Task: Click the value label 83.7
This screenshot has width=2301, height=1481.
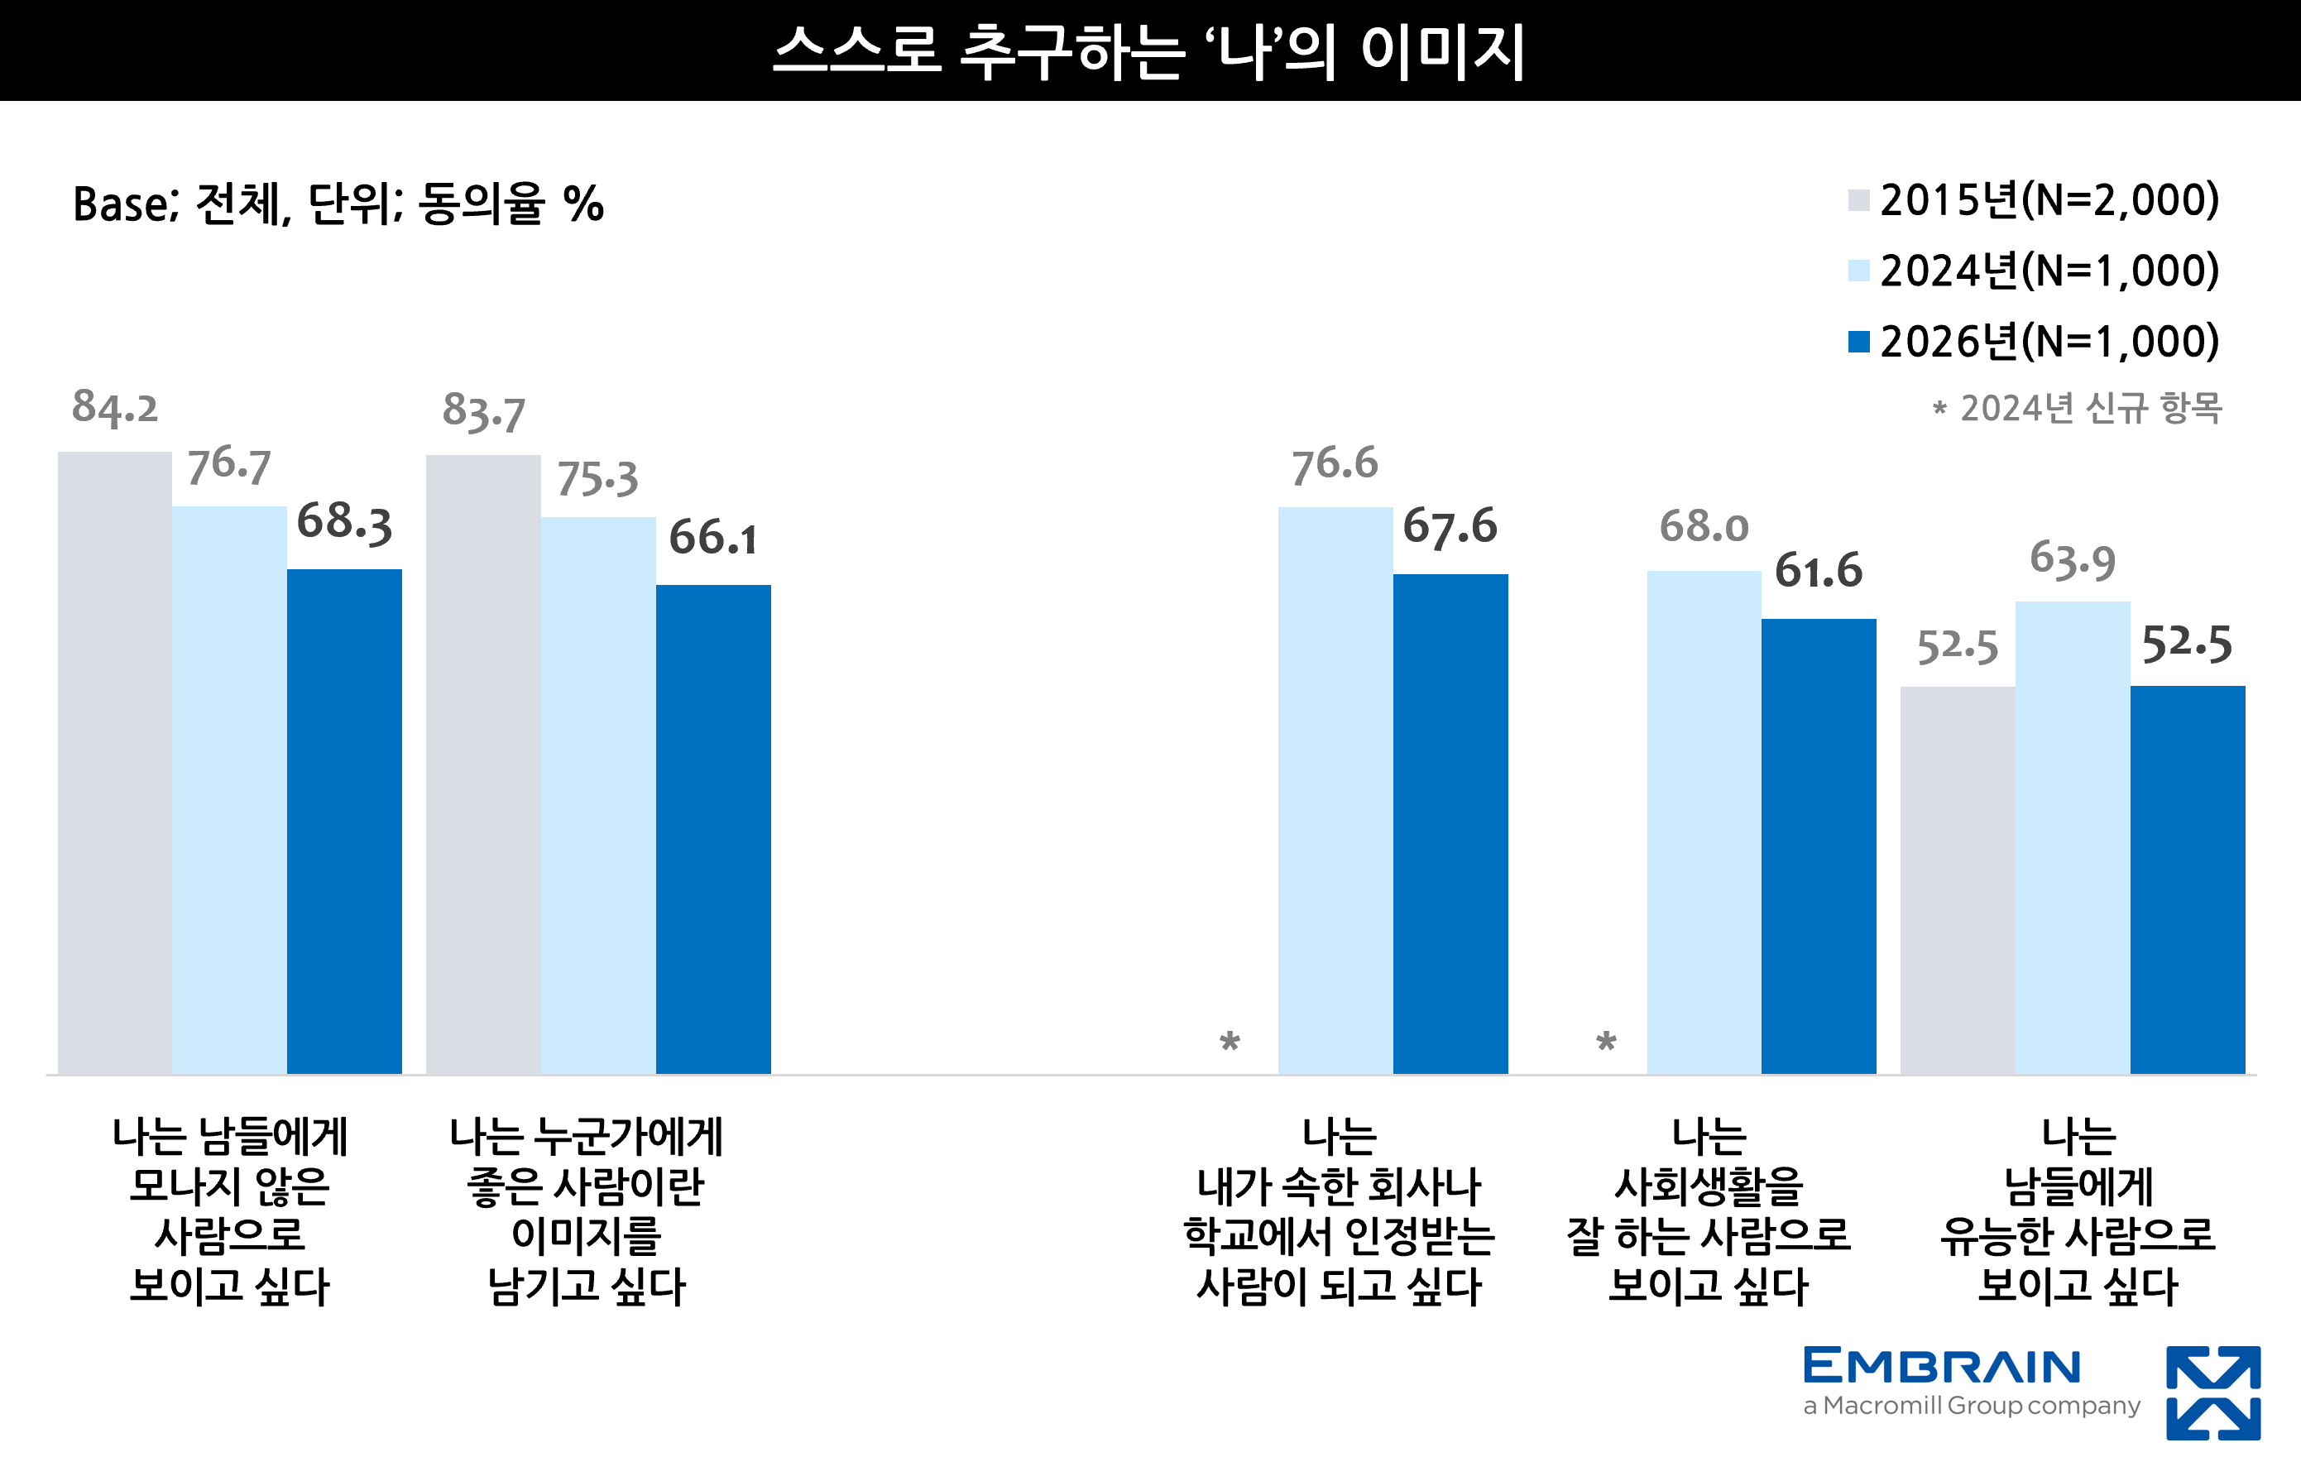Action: [484, 411]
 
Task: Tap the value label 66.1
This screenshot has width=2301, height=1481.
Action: [712, 538]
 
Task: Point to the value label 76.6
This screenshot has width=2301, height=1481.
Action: [1335, 463]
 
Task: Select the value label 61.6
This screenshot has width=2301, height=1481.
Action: [1819, 571]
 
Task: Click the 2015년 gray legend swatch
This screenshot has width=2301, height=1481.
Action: [1858, 201]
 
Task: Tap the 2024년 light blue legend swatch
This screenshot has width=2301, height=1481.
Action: [1858, 271]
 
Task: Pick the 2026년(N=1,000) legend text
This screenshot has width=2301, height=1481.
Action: [2049, 342]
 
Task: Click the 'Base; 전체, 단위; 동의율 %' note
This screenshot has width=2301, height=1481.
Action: [338, 204]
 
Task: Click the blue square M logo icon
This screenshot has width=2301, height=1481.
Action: [2212, 1392]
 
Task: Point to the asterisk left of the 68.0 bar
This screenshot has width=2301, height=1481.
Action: [1606, 1042]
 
